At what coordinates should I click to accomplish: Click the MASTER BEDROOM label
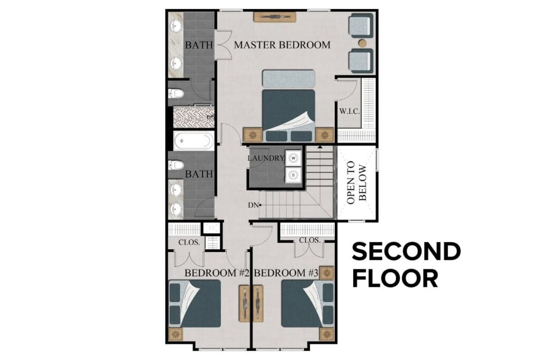coord(282,45)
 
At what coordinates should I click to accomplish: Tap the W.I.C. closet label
coord(349,111)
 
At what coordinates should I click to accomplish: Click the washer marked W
coord(293,158)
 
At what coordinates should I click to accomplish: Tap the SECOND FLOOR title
coord(406,265)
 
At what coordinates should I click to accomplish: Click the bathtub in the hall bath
coord(193,141)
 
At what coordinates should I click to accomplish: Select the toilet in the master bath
coord(176,94)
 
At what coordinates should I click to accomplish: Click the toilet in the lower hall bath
coord(176,165)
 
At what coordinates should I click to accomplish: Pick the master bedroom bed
coord(288,108)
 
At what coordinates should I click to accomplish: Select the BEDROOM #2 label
coord(216,273)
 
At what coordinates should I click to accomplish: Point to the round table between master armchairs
coord(362,43)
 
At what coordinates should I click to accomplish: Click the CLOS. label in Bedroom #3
coord(310,240)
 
